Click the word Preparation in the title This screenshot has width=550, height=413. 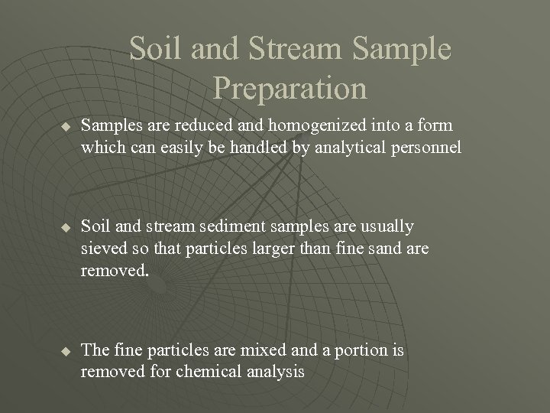pos(290,89)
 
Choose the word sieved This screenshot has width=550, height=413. pos(102,249)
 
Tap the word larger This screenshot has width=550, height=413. pos(257,249)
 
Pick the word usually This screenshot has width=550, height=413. pos(387,227)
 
